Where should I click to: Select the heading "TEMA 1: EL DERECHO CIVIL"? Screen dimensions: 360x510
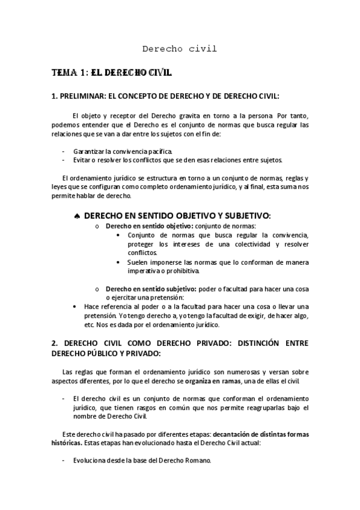(112, 72)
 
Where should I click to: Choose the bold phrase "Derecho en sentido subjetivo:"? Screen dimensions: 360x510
(146, 288)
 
